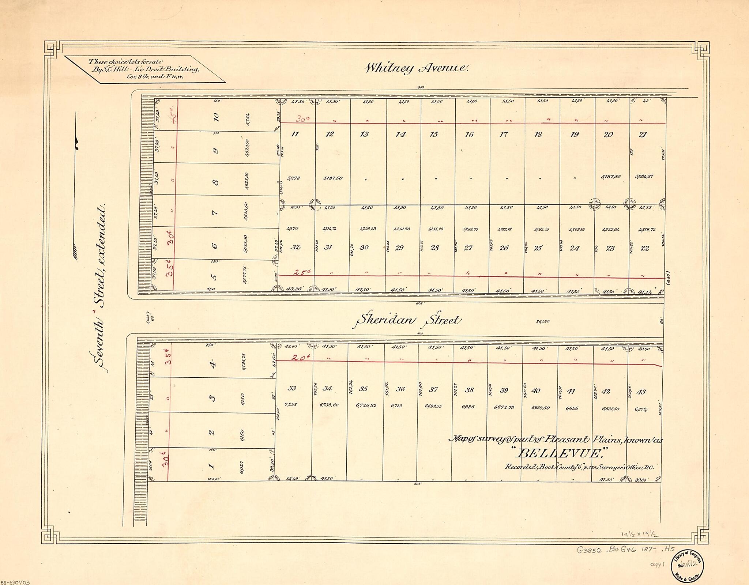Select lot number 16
469,135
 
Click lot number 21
643,135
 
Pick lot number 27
468,248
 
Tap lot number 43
641,392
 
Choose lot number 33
291,388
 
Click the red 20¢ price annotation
300,359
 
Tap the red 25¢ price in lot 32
300,272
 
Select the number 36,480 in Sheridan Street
543,322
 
